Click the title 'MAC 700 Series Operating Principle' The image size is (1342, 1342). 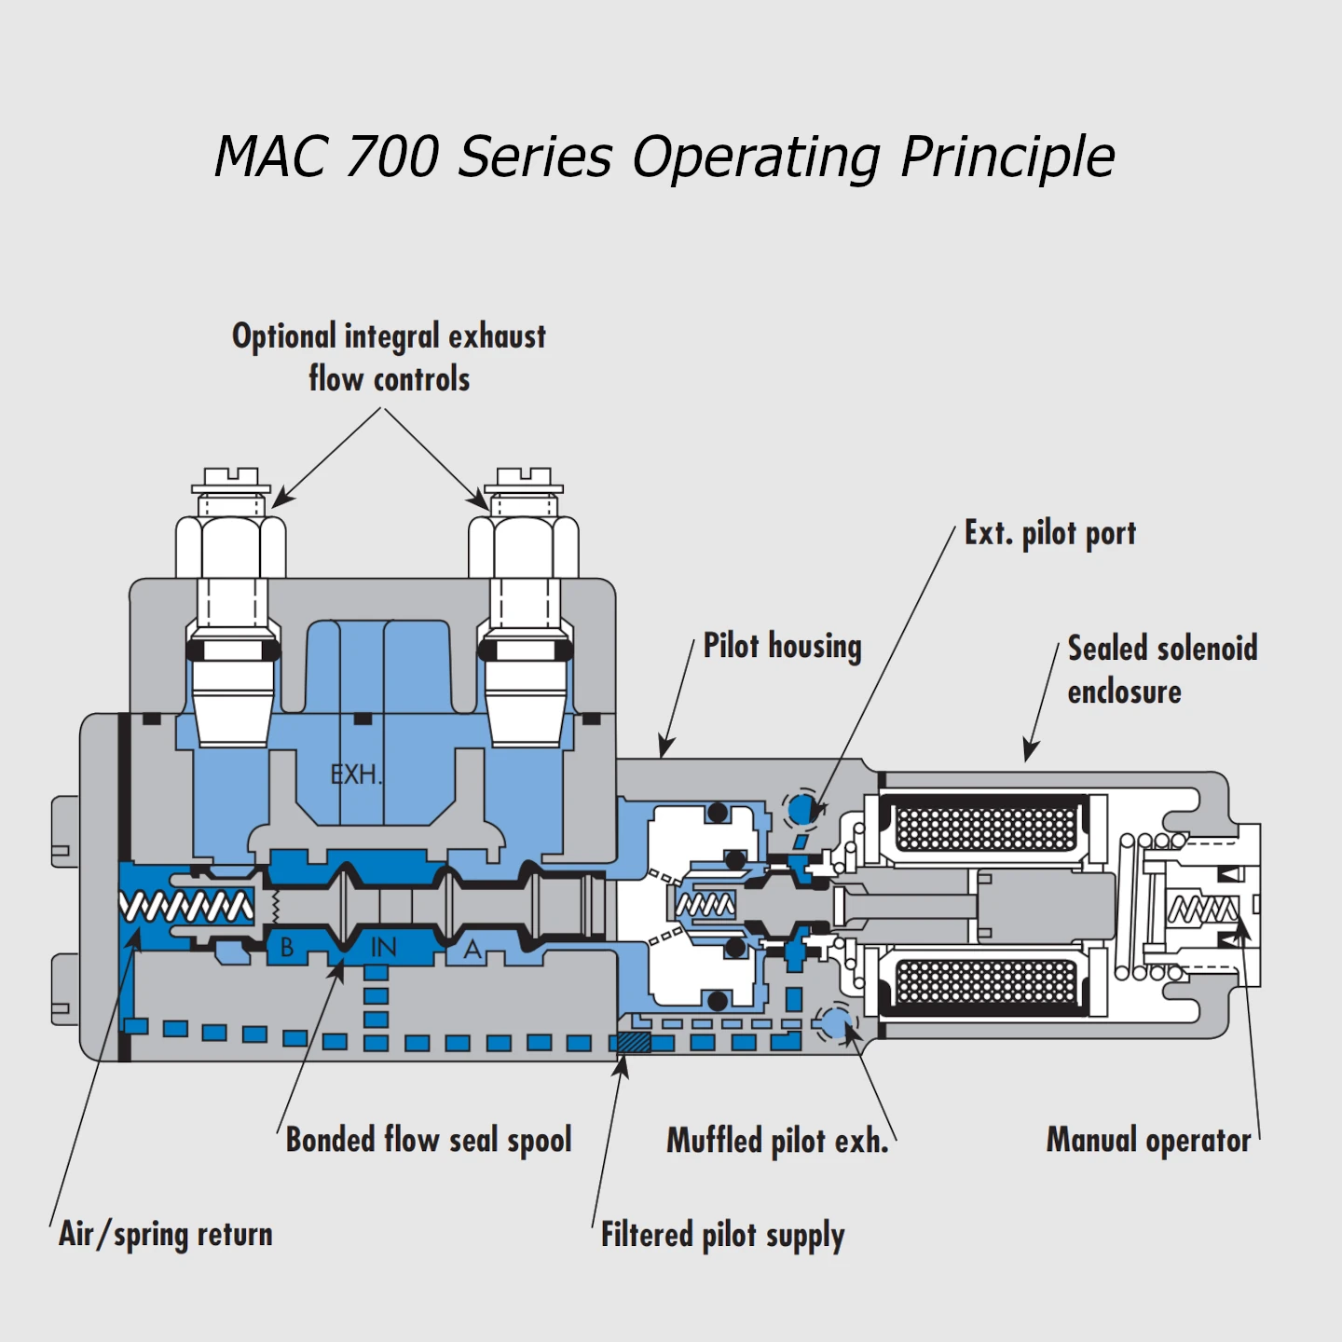tap(664, 156)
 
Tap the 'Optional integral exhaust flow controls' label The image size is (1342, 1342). tap(389, 357)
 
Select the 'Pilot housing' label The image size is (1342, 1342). tap(782, 646)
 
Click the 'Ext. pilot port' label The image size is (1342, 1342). tap(1050, 534)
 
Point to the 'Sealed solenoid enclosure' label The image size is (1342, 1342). tap(1161, 669)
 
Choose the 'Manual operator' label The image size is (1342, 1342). tap(1148, 1140)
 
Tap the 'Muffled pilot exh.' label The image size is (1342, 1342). tap(777, 1141)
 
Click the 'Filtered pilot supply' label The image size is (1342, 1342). tap(722, 1235)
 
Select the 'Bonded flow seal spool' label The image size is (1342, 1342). tap(429, 1140)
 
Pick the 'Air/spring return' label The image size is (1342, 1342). tap(166, 1234)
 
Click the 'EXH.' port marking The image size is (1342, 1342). tap(356, 774)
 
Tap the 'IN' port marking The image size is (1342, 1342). tap(383, 948)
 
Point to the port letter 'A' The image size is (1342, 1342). tap(472, 950)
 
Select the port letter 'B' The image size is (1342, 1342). tap(287, 948)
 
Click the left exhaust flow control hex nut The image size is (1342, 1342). tap(231, 546)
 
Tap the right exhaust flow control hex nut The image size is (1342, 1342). tap(524, 546)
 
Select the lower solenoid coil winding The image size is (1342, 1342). tap(986, 981)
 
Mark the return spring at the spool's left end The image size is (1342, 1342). tap(186, 906)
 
